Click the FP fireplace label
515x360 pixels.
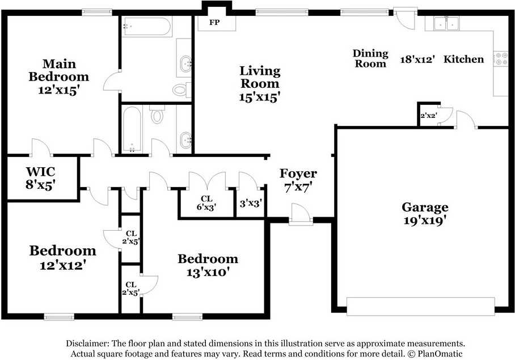214,23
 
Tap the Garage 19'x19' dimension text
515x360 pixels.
424,220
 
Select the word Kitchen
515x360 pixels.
463,59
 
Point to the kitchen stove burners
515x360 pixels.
501,58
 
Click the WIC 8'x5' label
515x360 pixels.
40,178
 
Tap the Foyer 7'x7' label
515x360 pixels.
298,180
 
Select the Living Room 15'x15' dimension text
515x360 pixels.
259,98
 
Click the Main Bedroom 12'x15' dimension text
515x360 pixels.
59,90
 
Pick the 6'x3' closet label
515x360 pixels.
206,207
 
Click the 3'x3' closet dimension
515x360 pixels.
251,204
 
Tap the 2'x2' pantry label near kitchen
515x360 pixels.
429,116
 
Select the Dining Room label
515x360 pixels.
370,58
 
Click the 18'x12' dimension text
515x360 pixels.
417,60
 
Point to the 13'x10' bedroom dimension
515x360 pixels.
208,272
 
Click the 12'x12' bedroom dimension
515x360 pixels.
63,265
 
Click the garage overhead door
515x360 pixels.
421,307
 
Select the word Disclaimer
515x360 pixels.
87,344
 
